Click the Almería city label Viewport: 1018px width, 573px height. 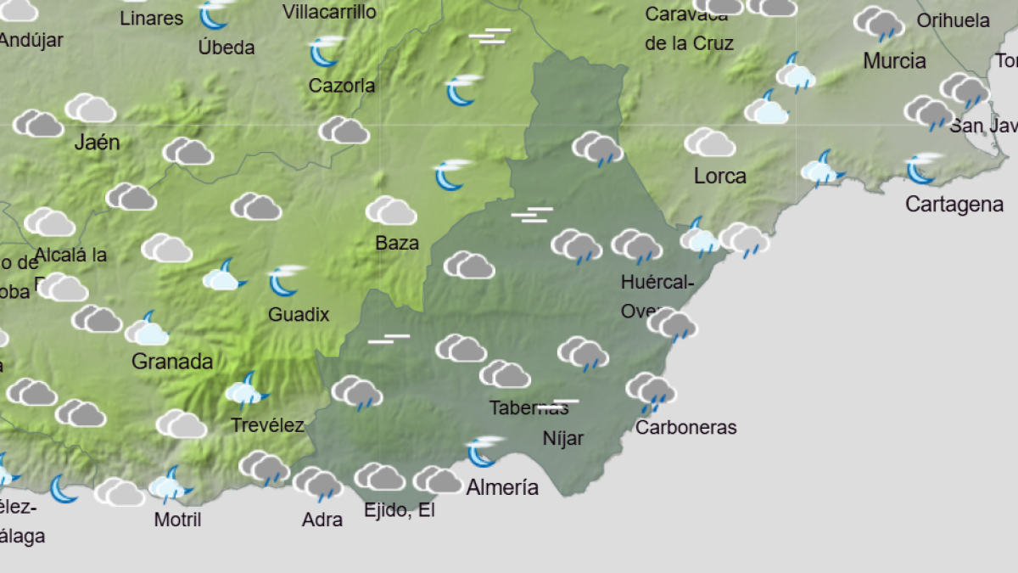click(x=502, y=487)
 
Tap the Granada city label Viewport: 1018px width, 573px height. click(x=172, y=362)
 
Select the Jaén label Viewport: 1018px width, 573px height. click(x=97, y=142)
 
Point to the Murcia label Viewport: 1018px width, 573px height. click(x=894, y=61)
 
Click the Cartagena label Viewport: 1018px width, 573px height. click(x=954, y=204)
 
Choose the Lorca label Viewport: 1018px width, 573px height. click(x=720, y=177)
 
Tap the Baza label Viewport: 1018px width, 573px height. click(x=397, y=243)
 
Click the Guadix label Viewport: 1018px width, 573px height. click(x=299, y=314)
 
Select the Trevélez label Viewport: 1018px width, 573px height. click(x=267, y=425)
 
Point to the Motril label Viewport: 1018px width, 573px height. click(x=177, y=519)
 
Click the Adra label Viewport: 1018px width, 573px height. click(x=322, y=520)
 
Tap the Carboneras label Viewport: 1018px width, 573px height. click(x=685, y=427)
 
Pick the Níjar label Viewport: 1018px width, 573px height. click(x=563, y=439)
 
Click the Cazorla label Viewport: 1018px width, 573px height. click(x=342, y=86)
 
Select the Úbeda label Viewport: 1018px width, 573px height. click(x=227, y=48)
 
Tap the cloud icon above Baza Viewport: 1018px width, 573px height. click(x=391, y=211)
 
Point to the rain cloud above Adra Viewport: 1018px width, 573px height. click(x=318, y=483)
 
